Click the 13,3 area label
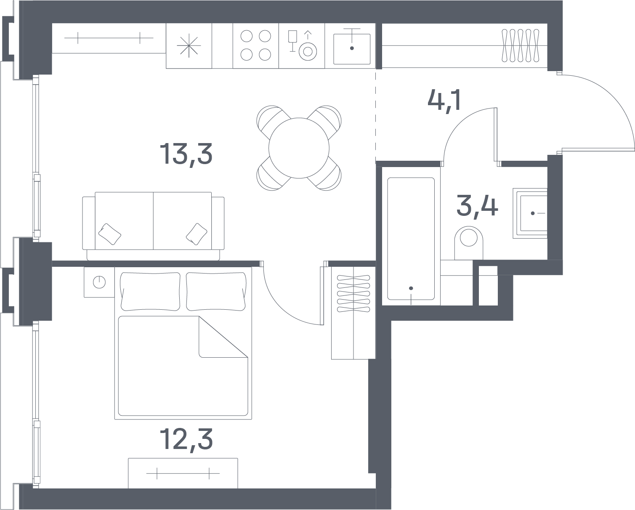point(186,154)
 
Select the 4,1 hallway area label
point(444,101)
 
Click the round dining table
point(299,148)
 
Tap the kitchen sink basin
point(352,49)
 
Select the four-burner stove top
point(255,45)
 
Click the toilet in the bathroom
point(469,243)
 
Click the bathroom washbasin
point(530,213)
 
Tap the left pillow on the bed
point(150,292)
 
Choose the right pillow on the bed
point(216,292)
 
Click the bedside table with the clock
point(99,282)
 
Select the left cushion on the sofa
point(109,234)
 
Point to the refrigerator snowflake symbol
point(189,46)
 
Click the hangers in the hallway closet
point(521,45)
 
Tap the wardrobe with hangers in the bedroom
point(353,313)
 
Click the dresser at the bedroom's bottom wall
point(183,473)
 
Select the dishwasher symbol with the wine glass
point(302,45)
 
